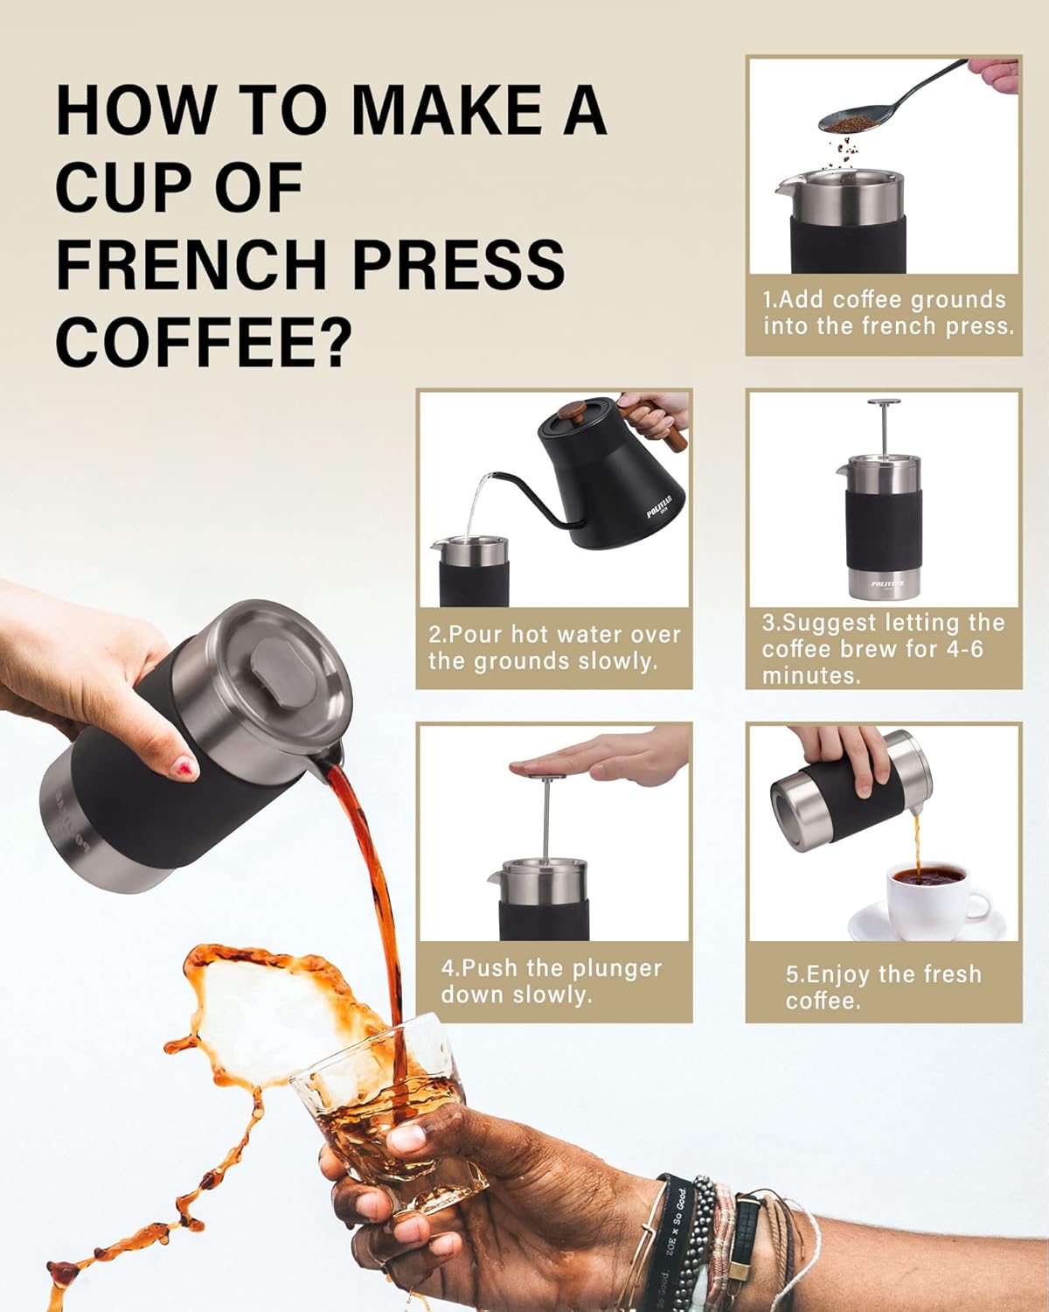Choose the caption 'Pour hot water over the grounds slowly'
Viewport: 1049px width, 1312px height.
(553, 647)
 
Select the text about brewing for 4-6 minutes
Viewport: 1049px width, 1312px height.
(883, 648)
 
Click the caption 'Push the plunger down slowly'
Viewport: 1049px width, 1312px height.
(551, 981)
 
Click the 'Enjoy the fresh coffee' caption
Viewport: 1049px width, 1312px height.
(883, 987)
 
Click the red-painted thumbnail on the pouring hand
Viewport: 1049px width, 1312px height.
(185, 766)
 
